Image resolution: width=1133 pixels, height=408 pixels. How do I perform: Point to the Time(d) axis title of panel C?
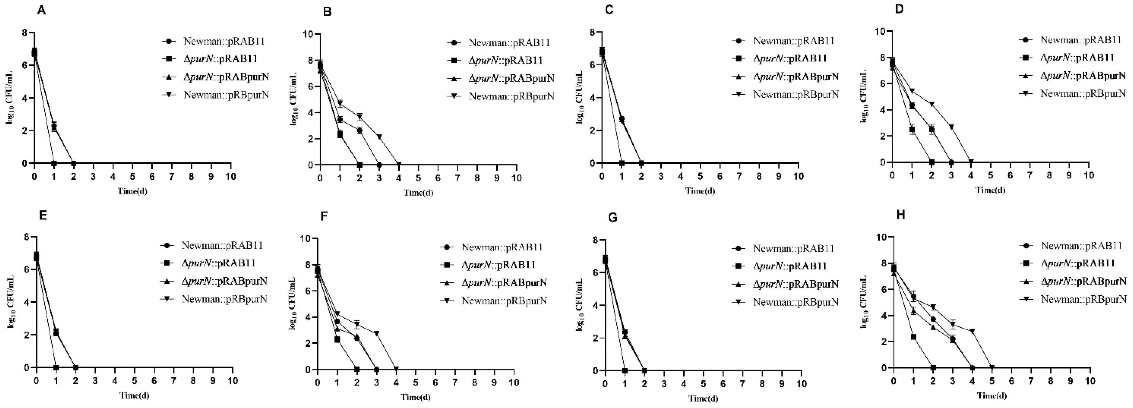(x=700, y=190)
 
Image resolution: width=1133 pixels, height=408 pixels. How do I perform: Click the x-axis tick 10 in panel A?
(x=230, y=177)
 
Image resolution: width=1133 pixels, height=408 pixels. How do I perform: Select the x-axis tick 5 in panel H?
(x=992, y=381)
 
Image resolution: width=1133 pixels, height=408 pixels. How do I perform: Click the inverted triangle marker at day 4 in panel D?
(x=971, y=162)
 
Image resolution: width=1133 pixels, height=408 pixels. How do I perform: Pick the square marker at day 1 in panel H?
(x=913, y=337)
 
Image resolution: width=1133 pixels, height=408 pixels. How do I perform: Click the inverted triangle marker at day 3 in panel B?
(x=379, y=137)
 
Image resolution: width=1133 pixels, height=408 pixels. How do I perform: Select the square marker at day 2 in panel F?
(x=357, y=369)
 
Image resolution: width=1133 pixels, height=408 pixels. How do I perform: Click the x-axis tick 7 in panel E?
(x=174, y=381)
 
